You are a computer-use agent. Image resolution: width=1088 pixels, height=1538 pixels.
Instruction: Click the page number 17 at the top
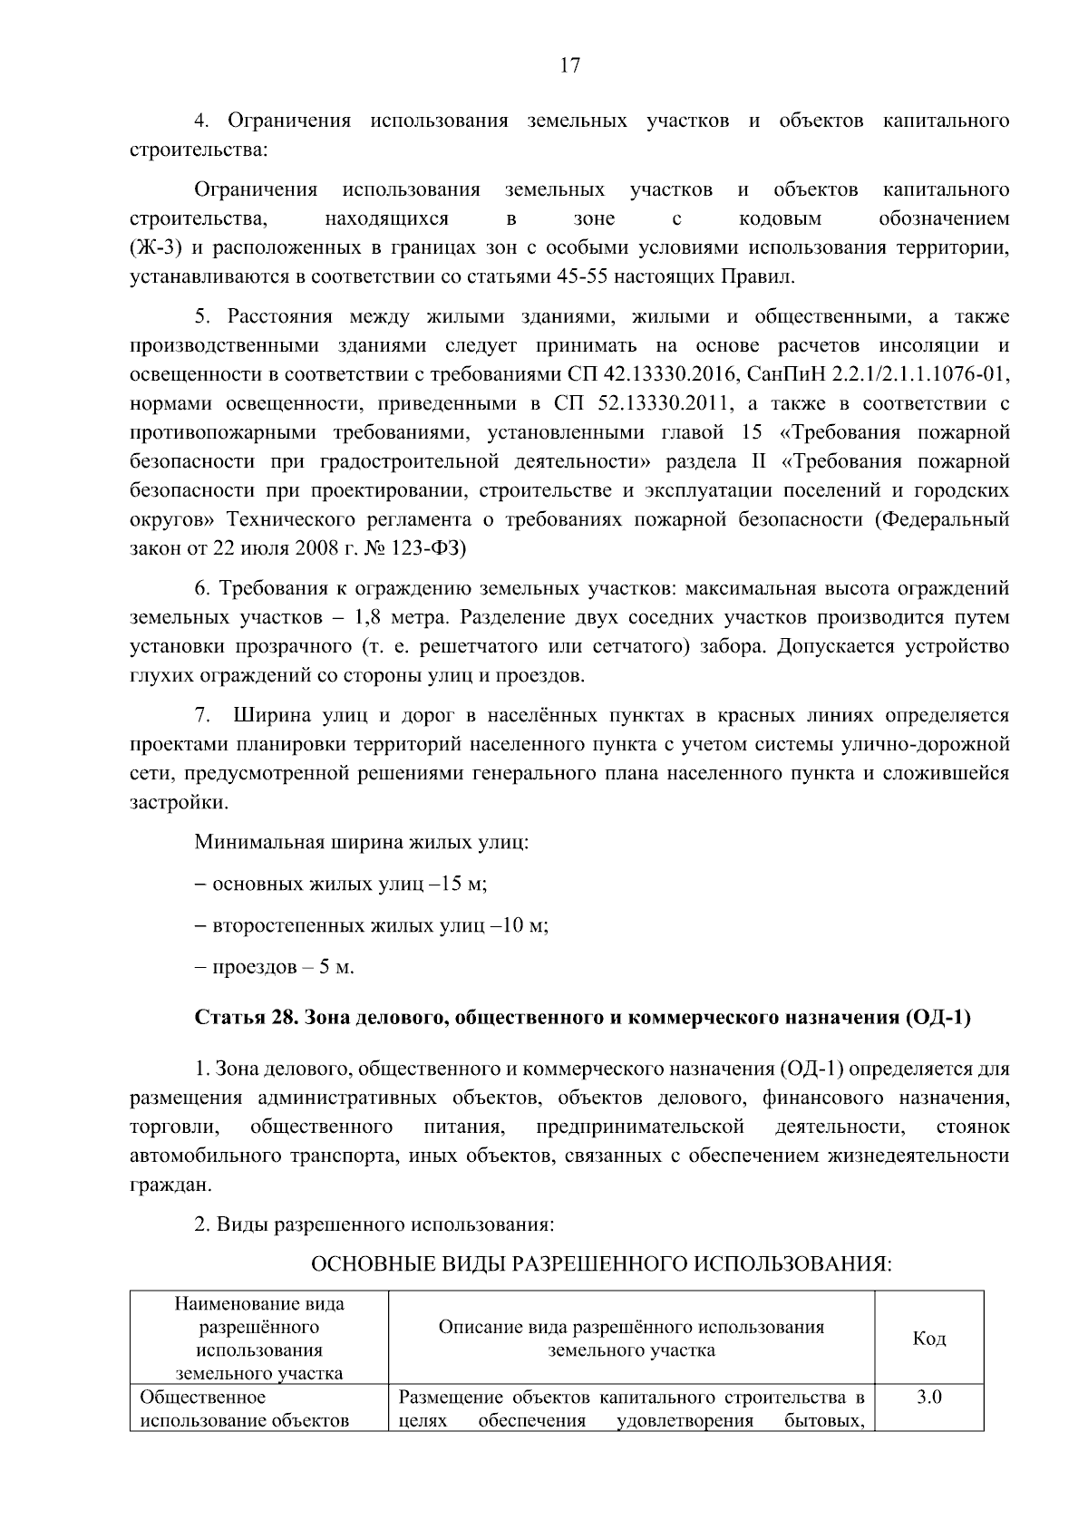coord(569,66)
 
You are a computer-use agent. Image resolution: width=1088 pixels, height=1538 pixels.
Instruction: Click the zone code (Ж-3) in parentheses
coord(158,248)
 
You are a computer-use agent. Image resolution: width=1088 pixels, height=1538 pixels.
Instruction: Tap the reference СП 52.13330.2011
coord(634,403)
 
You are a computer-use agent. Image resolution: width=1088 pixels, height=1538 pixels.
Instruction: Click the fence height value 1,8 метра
coord(398,618)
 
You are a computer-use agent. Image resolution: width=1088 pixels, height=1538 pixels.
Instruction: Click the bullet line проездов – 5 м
coord(274,967)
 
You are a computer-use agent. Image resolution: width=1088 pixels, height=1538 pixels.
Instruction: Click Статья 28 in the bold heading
coord(242,1018)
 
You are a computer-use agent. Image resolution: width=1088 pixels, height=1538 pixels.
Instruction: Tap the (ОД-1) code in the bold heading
coord(937,1018)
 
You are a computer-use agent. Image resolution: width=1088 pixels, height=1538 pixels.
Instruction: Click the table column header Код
coord(928,1339)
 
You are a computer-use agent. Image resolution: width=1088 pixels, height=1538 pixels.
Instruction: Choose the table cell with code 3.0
coord(928,1398)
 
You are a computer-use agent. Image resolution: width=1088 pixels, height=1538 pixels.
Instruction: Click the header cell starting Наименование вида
coord(259,1339)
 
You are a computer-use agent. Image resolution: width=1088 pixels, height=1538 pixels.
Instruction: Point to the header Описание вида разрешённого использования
coord(631,1339)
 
